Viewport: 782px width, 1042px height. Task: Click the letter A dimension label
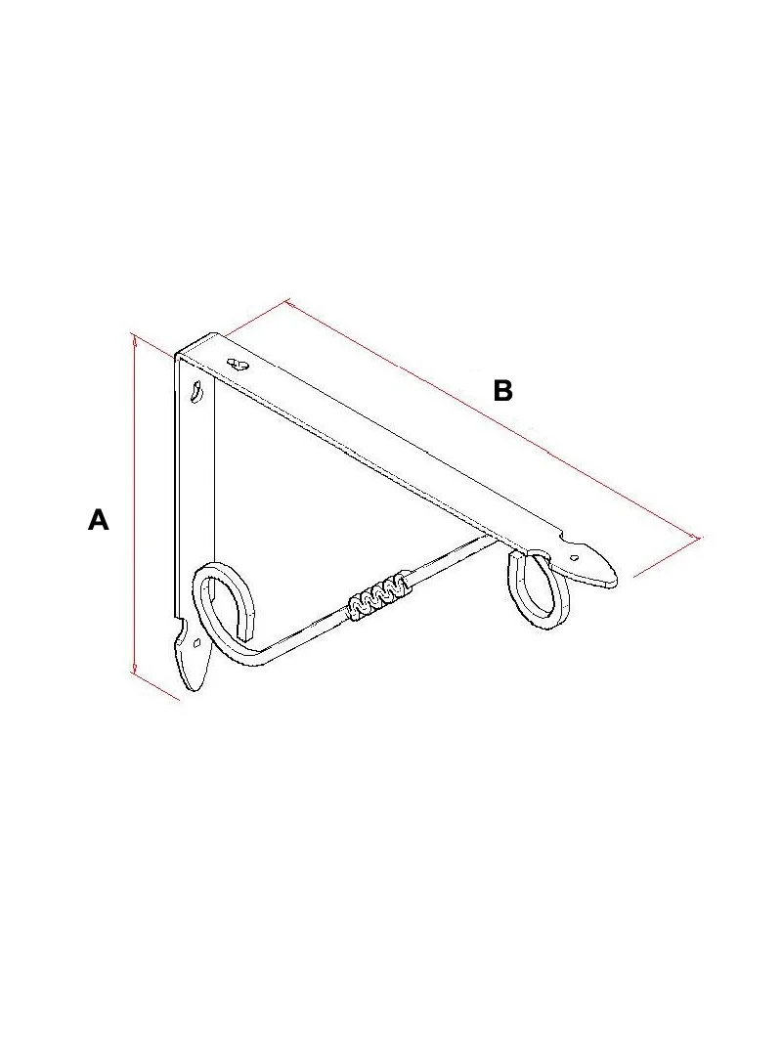(99, 519)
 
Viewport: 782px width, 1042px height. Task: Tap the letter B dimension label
(503, 390)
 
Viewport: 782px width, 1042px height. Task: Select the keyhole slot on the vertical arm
(196, 390)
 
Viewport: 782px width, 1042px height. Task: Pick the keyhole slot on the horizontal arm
(238, 364)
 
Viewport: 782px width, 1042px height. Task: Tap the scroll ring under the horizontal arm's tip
(539, 588)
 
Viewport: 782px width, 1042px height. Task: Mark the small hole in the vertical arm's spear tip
(196, 642)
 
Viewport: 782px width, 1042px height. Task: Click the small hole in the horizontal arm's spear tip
(576, 557)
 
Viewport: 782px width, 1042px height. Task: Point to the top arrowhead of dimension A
(135, 340)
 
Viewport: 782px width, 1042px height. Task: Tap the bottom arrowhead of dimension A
(135, 668)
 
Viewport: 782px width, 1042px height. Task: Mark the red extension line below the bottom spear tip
(156, 686)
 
